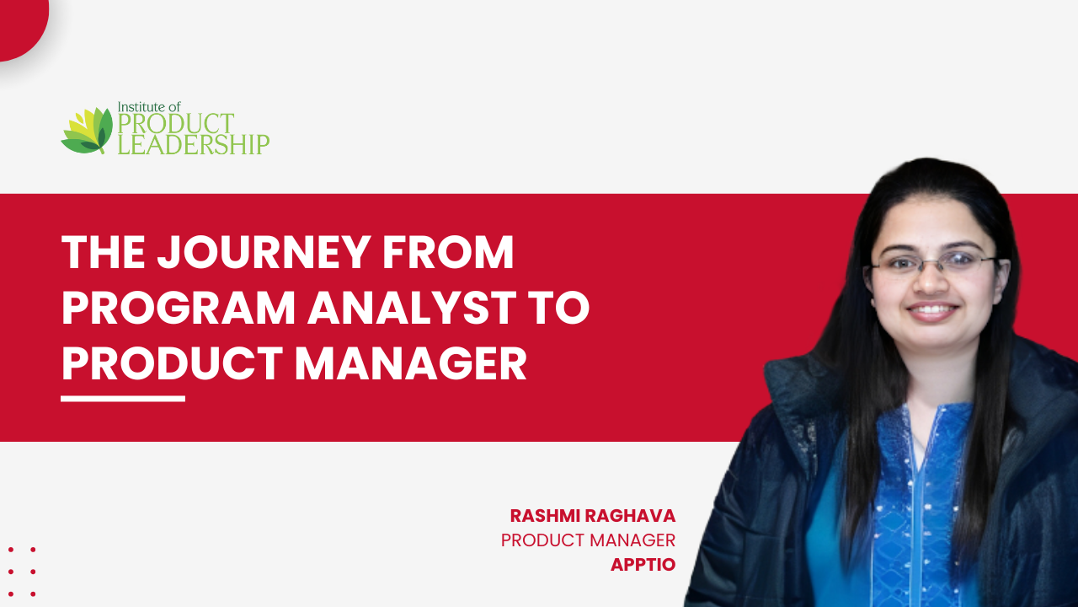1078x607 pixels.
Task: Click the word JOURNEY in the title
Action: click(x=264, y=252)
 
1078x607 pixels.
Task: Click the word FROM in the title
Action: click(x=448, y=252)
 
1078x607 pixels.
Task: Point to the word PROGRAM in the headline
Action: click(x=179, y=308)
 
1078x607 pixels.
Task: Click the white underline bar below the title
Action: click(x=123, y=399)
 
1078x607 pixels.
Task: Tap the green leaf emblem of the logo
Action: click(x=87, y=130)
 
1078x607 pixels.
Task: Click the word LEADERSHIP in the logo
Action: click(x=194, y=144)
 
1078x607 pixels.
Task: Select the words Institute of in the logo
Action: click(x=149, y=106)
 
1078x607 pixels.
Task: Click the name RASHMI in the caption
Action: click(x=545, y=516)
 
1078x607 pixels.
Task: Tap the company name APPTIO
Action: click(x=643, y=565)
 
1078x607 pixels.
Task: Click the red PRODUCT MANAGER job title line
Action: click(x=588, y=540)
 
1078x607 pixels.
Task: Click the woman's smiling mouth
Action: click(x=932, y=311)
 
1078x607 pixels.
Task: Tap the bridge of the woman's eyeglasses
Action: click(x=931, y=262)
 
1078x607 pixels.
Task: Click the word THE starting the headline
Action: click(x=104, y=252)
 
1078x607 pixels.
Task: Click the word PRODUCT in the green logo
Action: click(x=176, y=124)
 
